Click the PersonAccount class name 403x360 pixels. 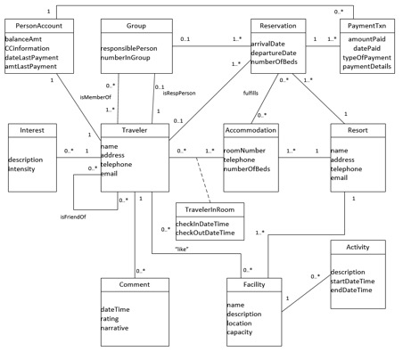(x=36, y=25)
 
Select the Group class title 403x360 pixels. (x=136, y=25)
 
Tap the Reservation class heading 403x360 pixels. (x=277, y=25)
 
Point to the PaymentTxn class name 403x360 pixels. (x=367, y=25)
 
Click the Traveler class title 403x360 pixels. (x=135, y=130)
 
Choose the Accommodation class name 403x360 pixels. (x=251, y=130)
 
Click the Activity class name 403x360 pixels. (x=358, y=247)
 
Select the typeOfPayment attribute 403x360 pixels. (x=367, y=57)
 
